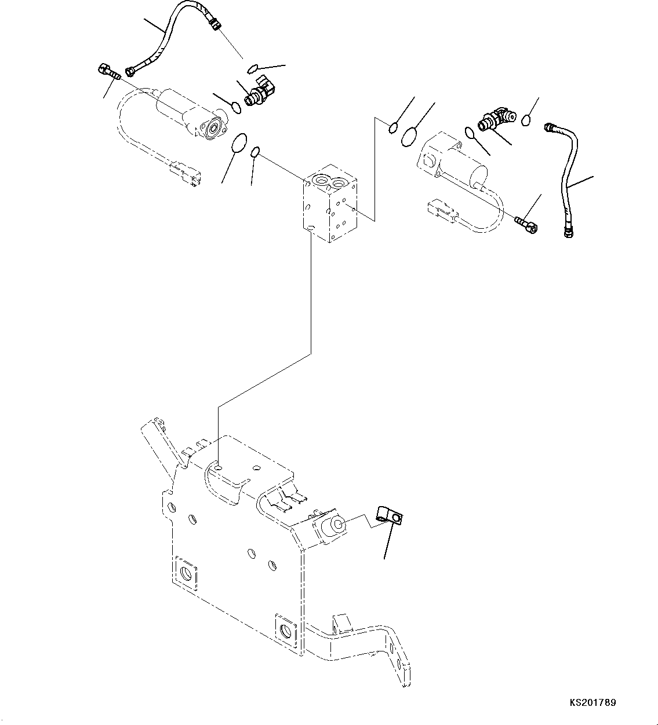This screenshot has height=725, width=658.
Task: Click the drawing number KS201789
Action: click(x=592, y=703)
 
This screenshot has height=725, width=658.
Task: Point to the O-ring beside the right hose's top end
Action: click(x=526, y=120)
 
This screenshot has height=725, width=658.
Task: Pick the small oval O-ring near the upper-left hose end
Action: click(x=253, y=69)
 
